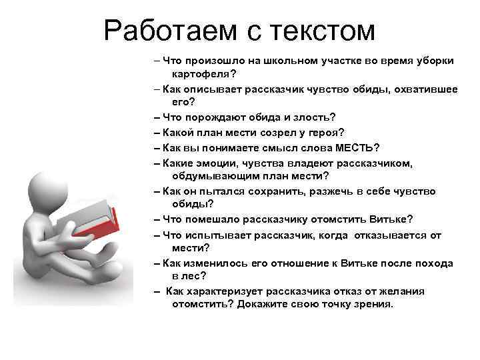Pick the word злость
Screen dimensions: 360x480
(311, 117)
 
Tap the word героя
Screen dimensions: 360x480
(326, 132)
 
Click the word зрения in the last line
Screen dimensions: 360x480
(376, 304)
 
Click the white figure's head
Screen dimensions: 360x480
(41, 191)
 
